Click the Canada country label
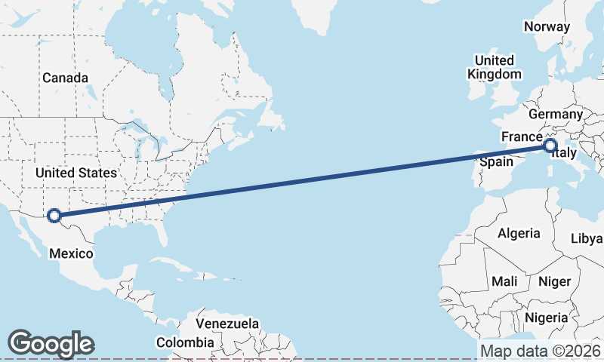[x=65, y=78]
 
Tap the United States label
[x=76, y=173]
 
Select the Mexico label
[x=71, y=253]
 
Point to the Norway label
[x=547, y=26]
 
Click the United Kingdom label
[x=495, y=67]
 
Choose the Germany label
[x=556, y=114]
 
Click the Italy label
[x=565, y=153]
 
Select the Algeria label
[x=519, y=233]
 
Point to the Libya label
[x=587, y=238]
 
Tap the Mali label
[x=504, y=281]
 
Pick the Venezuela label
[x=226, y=324]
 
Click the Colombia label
[x=185, y=342]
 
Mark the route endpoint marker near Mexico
[x=54, y=216]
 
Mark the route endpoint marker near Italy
[x=550, y=145]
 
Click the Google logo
[x=51, y=343]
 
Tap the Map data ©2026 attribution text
[x=540, y=351]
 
